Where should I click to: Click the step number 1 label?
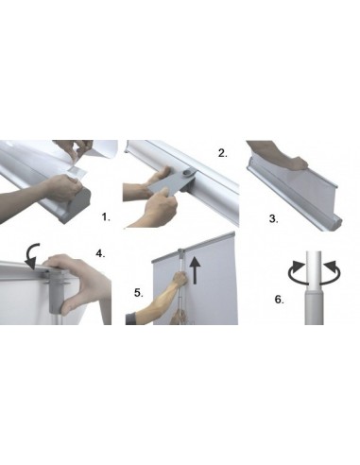[x=106, y=217]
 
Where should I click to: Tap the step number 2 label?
[x=222, y=153]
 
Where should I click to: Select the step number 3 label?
[x=273, y=218]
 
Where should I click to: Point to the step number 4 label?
[x=100, y=253]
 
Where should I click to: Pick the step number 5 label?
[x=139, y=293]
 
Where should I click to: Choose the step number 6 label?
[x=279, y=300]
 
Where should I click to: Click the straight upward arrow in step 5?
[x=196, y=270]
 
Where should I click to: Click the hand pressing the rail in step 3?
[x=277, y=156]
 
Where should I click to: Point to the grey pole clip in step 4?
[x=58, y=290]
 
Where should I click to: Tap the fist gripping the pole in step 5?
[x=180, y=280]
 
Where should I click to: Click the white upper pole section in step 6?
[x=314, y=268]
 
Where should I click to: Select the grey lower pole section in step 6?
[x=314, y=308]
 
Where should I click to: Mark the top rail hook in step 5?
[x=181, y=251]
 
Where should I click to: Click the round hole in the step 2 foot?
[x=189, y=172]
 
